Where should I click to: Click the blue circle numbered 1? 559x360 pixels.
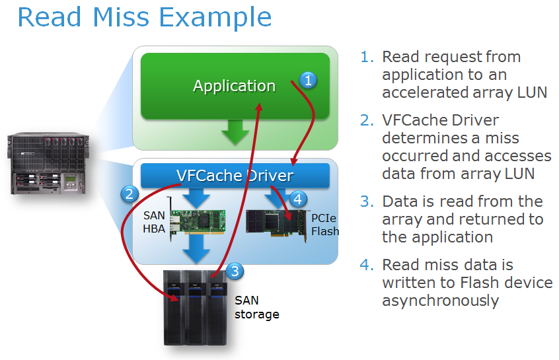[308, 81]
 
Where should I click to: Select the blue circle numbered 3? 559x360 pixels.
[235, 271]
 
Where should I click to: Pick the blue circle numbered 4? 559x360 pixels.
[298, 198]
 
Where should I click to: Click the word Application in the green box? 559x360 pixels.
[234, 86]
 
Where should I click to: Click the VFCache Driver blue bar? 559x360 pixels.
[235, 176]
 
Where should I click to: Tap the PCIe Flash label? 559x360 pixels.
[324, 224]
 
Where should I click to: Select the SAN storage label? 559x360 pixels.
[256, 307]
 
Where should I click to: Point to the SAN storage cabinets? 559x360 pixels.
[195, 307]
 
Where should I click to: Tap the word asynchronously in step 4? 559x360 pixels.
[440, 301]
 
